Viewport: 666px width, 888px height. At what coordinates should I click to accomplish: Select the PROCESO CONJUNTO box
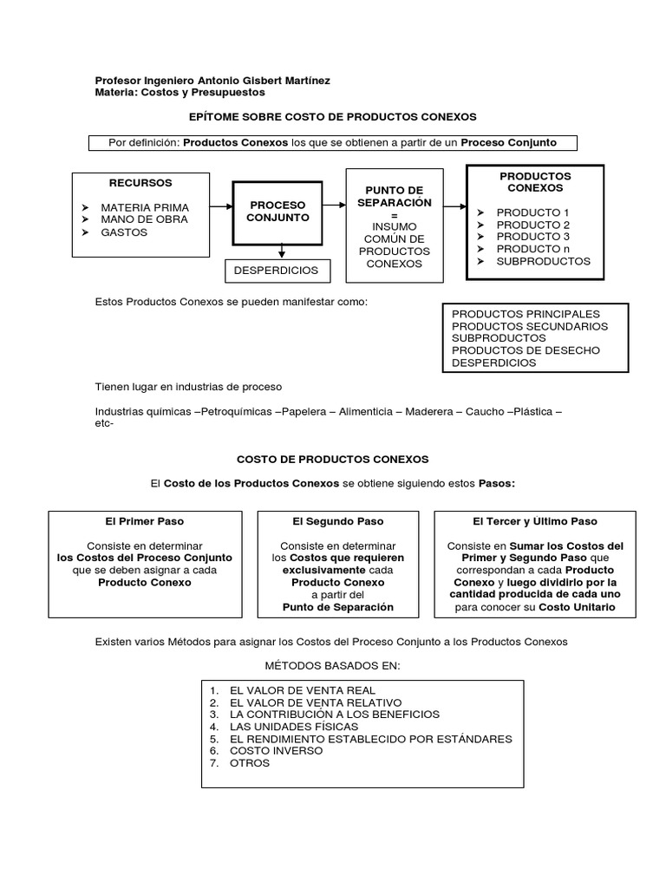click(x=277, y=211)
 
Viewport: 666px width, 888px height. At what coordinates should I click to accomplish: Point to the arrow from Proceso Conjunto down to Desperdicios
click(x=281, y=250)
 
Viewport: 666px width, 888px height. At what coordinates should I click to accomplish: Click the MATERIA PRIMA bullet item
click(x=144, y=208)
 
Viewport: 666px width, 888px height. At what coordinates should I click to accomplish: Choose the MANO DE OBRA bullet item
click(x=144, y=219)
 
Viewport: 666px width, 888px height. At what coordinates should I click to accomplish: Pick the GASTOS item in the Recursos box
click(x=124, y=232)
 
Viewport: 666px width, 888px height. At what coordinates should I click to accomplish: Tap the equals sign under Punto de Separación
click(x=394, y=214)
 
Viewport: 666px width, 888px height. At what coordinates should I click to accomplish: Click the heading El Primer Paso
click(x=145, y=521)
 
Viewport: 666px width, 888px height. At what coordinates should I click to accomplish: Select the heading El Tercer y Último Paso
click(x=534, y=521)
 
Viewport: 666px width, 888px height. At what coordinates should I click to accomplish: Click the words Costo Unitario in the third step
click(x=577, y=608)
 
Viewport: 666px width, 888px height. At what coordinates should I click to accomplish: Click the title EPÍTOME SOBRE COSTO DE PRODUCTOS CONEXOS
click(x=332, y=115)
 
